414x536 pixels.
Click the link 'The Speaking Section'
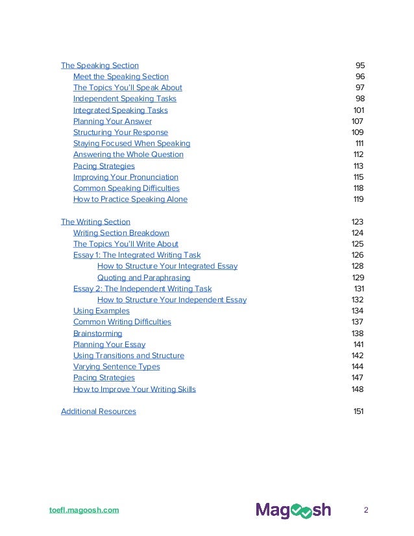99,66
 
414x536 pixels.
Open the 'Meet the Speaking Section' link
121,77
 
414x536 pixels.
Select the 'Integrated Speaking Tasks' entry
120,110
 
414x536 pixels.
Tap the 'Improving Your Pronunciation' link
125,177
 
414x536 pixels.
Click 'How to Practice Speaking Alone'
130,199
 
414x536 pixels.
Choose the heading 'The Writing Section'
95,222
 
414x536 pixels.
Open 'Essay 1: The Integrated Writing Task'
137,255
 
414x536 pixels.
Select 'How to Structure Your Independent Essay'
171,300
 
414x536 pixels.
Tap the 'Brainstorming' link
97,334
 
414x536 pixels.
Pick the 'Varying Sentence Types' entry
116,367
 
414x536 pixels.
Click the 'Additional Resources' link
98,411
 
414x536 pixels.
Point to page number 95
360,66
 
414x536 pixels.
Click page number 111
359,143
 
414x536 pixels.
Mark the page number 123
358,222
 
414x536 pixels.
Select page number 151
358,411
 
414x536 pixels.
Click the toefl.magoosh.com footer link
84,510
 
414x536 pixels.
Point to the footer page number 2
366,510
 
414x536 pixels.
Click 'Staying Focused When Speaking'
131,143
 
